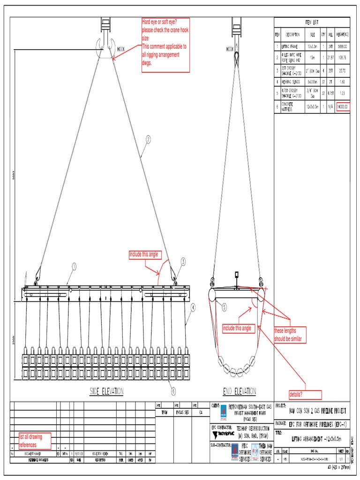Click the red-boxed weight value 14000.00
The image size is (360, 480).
pyautogui.click(x=342, y=107)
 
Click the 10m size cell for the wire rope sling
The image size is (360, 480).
pyautogui.click(x=312, y=58)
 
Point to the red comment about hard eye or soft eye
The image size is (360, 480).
pyautogui.click(x=166, y=45)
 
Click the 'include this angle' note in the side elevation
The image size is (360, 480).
pyautogui.click(x=145, y=255)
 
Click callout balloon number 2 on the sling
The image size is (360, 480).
pyautogui.click(x=148, y=139)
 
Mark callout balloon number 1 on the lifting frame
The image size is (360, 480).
pyautogui.click(x=74, y=267)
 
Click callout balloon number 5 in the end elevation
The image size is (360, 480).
pyautogui.click(x=225, y=307)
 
